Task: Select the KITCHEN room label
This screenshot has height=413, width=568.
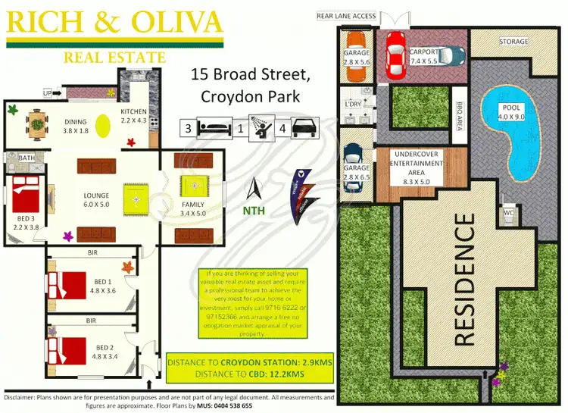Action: click(x=134, y=112)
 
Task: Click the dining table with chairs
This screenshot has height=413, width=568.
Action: click(x=35, y=122)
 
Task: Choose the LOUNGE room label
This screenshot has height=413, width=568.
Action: click(x=96, y=196)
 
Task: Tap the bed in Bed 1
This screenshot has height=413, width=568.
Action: click(x=70, y=284)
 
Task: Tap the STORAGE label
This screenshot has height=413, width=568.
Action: click(x=513, y=42)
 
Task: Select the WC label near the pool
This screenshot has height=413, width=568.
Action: click(x=510, y=214)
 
